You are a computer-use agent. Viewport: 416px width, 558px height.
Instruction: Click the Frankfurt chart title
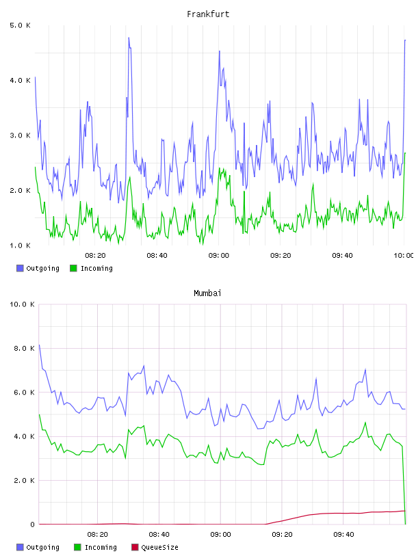(x=208, y=14)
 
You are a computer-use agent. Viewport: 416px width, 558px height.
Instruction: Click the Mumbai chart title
(x=207, y=293)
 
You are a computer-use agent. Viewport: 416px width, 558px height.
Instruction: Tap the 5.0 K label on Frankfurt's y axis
(x=20, y=25)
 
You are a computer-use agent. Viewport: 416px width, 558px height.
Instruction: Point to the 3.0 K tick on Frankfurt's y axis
(x=20, y=135)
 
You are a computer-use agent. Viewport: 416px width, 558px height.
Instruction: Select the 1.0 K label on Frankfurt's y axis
(x=20, y=245)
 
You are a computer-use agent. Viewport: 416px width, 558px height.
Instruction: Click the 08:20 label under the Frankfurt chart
(x=95, y=255)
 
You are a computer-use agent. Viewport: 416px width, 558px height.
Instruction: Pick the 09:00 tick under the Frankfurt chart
(x=219, y=255)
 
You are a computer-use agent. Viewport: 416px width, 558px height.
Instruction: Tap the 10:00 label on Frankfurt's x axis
(x=404, y=255)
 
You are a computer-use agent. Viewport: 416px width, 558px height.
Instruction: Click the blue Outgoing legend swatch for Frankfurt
(x=20, y=268)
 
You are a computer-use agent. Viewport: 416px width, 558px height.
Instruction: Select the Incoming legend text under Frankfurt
(x=96, y=268)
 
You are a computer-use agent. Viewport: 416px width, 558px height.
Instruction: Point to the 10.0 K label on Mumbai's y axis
(x=22, y=304)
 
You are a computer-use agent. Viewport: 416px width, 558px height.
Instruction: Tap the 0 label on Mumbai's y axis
(x=32, y=524)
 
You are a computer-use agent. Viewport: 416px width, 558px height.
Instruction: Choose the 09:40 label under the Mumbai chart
(x=343, y=534)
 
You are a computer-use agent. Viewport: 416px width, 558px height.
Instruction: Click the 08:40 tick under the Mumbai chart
(x=159, y=534)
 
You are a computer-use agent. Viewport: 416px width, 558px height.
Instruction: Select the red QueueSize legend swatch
(x=135, y=547)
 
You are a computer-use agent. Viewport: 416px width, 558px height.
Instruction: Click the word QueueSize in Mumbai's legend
(x=159, y=547)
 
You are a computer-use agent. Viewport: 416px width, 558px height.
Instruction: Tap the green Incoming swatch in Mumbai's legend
(x=77, y=547)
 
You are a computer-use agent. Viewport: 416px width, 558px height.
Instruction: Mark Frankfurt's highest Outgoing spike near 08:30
(x=129, y=38)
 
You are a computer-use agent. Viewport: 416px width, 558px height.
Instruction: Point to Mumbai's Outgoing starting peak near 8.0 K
(x=39, y=345)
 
